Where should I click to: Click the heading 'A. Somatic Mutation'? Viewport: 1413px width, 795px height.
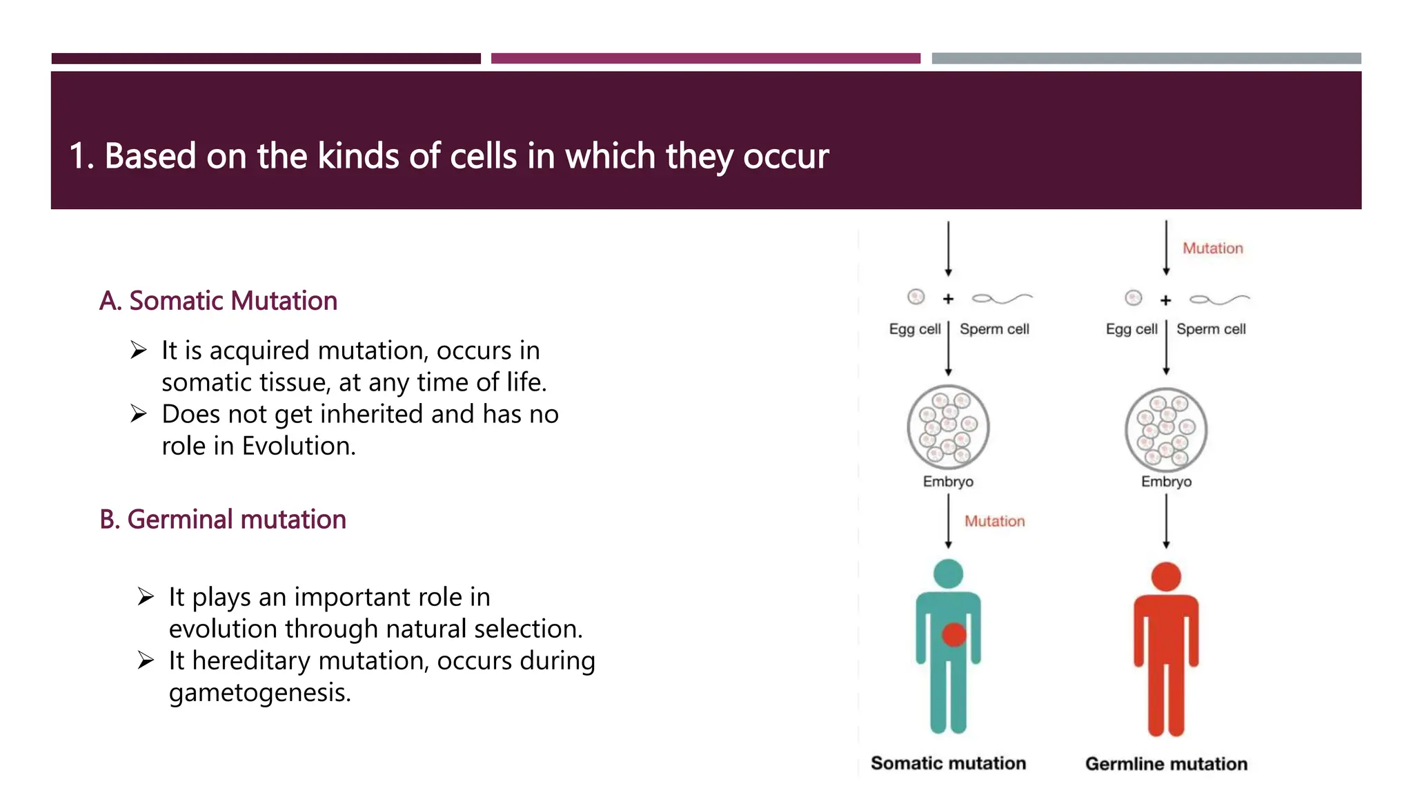point(218,301)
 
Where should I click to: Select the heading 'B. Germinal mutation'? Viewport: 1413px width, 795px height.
point(222,520)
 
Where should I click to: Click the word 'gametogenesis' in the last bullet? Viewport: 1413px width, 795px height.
point(259,692)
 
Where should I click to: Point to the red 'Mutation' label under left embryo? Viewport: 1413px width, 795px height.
point(994,521)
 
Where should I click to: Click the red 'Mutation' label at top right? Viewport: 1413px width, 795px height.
point(1212,248)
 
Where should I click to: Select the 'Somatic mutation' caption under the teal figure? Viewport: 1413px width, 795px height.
point(948,763)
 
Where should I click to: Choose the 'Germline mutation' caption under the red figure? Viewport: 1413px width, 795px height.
point(1166,764)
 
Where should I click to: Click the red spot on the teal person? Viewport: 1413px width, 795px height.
point(953,634)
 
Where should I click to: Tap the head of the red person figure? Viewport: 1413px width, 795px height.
point(1166,577)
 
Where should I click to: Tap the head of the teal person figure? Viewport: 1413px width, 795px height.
point(948,573)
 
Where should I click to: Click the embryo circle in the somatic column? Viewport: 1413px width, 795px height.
point(948,427)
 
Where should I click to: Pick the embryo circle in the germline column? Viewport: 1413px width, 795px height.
point(1166,429)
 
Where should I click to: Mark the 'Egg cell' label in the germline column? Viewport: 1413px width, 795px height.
point(1132,329)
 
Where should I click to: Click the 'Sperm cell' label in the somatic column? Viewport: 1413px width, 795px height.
point(994,329)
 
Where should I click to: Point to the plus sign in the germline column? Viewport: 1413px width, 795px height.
point(1166,300)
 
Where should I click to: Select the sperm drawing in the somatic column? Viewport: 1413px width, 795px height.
point(1002,298)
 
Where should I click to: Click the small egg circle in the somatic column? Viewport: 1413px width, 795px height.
point(916,297)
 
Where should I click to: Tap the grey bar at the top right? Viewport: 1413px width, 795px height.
point(1146,59)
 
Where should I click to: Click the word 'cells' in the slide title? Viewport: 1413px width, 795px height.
point(483,156)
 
